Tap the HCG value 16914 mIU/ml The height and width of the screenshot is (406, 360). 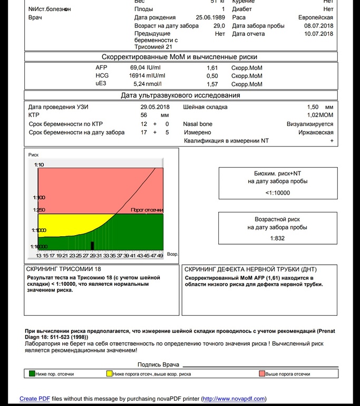[147, 76]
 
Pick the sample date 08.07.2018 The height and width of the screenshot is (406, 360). [318, 25]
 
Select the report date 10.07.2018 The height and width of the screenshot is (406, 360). [318, 34]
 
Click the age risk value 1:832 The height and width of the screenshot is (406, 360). [277, 238]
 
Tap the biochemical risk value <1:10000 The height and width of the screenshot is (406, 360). [277, 193]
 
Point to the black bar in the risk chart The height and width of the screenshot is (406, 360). [92, 245]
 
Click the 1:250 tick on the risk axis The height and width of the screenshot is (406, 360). [39, 210]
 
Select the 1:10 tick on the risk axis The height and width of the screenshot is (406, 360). [39, 165]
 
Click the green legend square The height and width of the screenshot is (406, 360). [32, 374]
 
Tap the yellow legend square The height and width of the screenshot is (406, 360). [110, 374]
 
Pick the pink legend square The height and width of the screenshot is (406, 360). [261, 374]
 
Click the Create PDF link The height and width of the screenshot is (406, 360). [35, 399]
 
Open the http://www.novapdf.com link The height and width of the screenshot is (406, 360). [233, 399]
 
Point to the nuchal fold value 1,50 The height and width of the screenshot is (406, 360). [313, 107]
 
